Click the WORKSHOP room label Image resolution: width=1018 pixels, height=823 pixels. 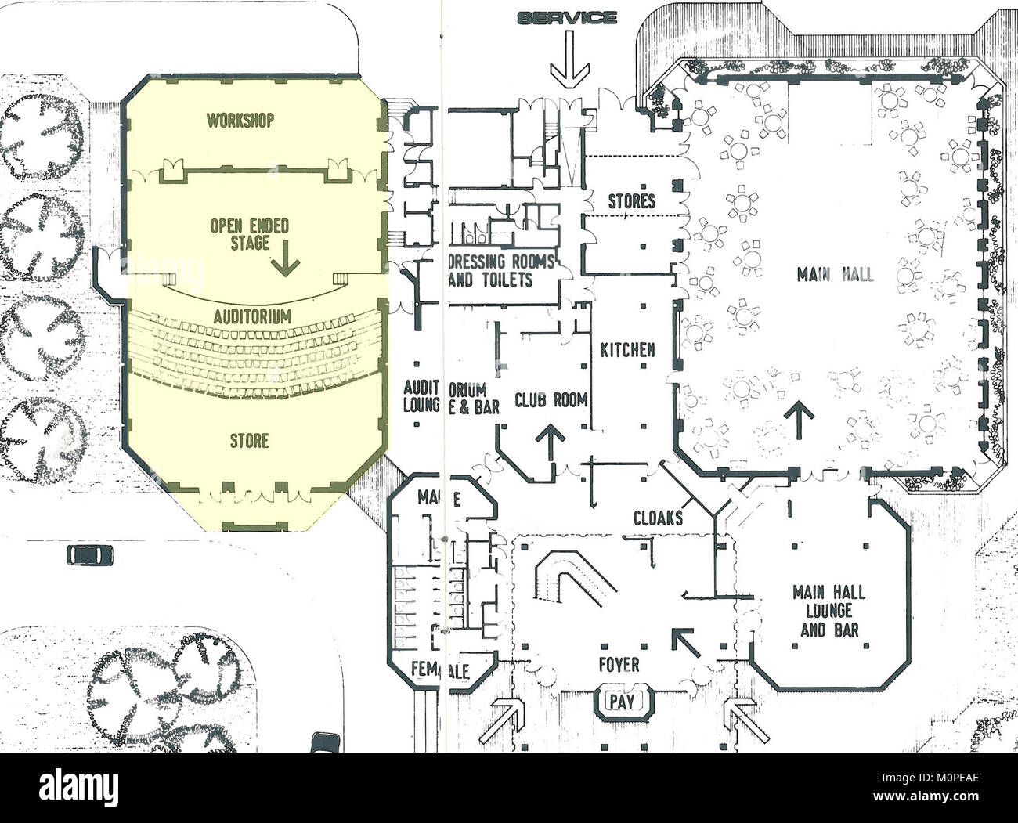pos(240,121)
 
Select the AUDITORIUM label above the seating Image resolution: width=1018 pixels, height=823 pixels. pos(252,317)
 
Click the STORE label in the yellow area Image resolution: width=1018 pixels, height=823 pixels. pos(249,441)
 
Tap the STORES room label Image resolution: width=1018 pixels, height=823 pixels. pos(631,201)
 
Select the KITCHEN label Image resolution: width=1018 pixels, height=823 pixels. pos(627,350)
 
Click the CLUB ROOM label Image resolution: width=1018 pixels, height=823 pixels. pos(551,400)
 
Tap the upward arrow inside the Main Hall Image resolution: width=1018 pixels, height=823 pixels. pos(800,419)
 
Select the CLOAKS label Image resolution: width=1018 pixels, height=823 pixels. pos(658,518)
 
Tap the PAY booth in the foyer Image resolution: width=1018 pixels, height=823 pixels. pos(622,701)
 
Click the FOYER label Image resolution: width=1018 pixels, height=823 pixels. pos(618,665)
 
